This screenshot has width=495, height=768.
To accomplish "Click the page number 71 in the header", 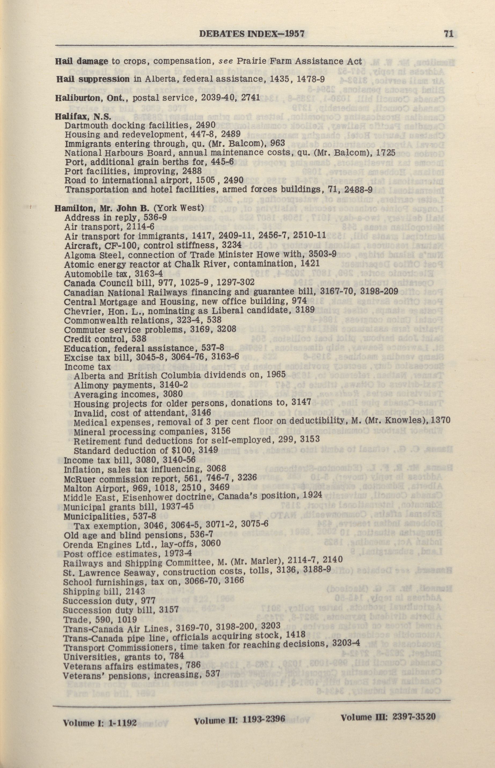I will tap(448, 34).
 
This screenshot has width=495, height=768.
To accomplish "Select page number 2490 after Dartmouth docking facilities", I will tap(206, 125).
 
